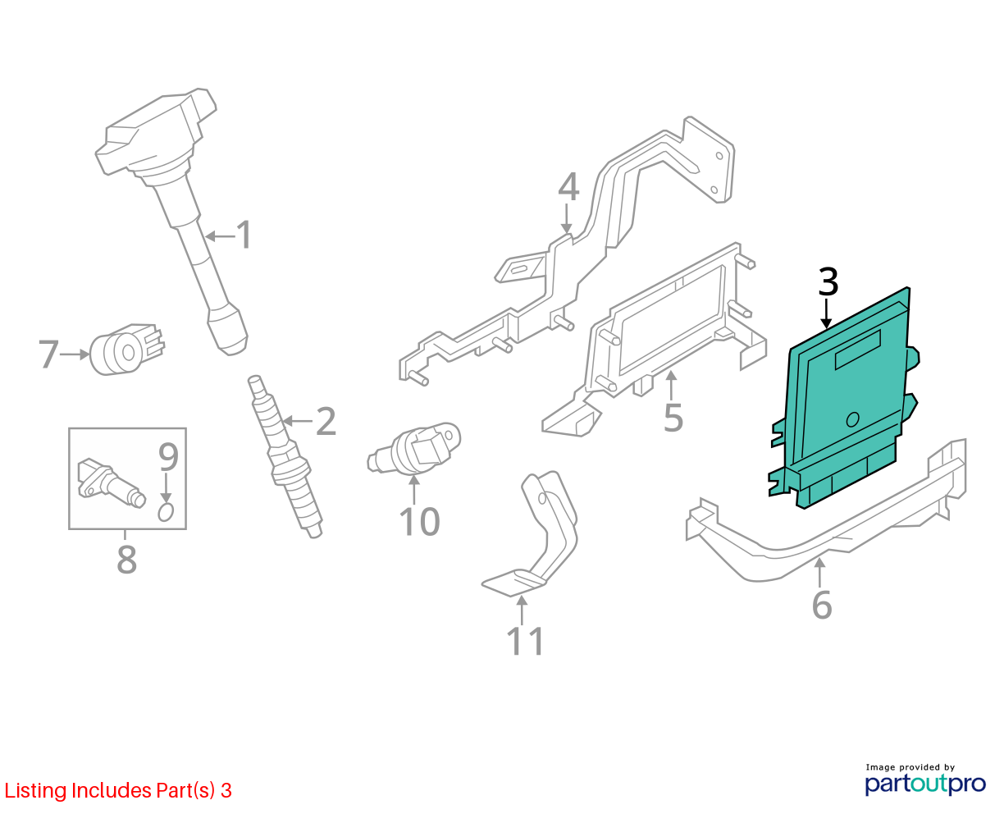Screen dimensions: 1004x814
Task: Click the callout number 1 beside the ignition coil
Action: (x=244, y=235)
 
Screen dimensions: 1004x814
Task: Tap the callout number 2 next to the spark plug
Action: (x=326, y=421)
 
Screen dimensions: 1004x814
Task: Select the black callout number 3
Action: (x=828, y=282)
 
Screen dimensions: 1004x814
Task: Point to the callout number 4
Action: (x=568, y=187)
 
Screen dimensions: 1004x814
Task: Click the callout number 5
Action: (x=673, y=418)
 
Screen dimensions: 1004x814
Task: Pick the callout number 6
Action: (x=822, y=605)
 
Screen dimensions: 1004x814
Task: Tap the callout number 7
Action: (x=48, y=354)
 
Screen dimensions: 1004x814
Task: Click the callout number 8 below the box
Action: (x=127, y=559)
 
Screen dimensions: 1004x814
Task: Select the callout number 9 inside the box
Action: (x=168, y=456)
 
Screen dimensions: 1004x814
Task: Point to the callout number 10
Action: (x=419, y=522)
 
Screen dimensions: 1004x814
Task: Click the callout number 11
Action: (x=525, y=641)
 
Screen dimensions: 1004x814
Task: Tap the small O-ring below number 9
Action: (x=166, y=512)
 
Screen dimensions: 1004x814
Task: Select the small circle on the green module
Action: (x=853, y=419)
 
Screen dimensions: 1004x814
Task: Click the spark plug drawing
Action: (x=285, y=456)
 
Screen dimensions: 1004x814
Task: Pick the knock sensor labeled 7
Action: (x=126, y=350)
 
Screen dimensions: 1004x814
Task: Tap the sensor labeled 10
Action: (x=414, y=447)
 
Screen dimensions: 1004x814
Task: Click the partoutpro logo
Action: (x=925, y=784)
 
